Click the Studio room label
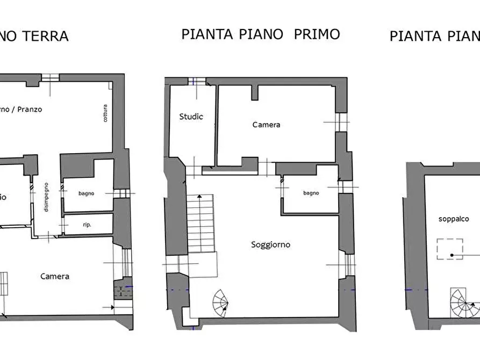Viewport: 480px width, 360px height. [x=191, y=116]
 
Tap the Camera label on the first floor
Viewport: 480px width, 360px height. [x=266, y=125]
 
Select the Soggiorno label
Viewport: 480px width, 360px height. [x=270, y=244]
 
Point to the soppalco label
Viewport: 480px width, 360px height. [x=454, y=219]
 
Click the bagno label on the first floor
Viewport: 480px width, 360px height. [x=311, y=193]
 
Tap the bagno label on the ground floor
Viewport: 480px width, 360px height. [x=86, y=193]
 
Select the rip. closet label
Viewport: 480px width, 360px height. [x=87, y=224]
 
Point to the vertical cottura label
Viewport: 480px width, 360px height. [x=105, y=112]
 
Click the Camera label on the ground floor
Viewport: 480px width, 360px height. [x=55, y=276]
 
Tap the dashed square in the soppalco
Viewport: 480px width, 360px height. [x=452, y=249]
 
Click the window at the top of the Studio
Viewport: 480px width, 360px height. [x=197, y=82]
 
